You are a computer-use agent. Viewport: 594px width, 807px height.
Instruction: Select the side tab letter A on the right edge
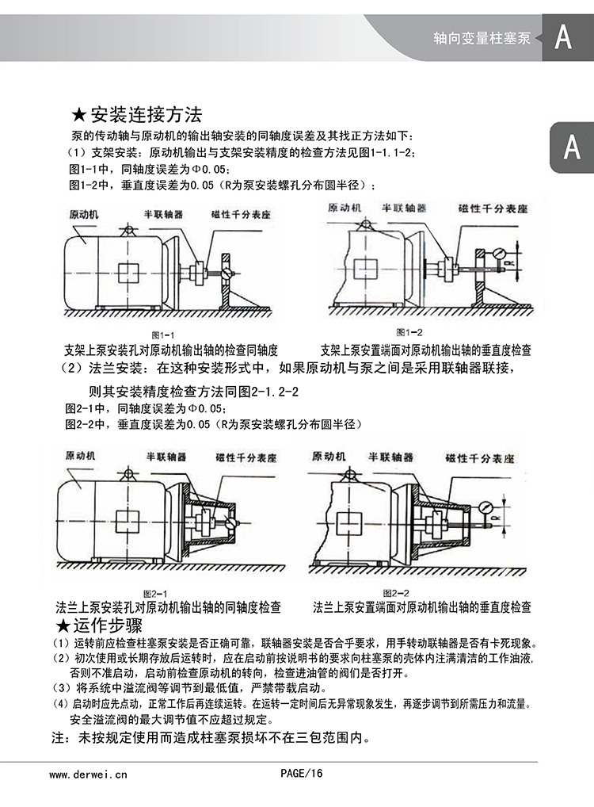[x=572, y=147]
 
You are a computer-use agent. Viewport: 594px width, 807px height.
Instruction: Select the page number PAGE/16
[x=302, y=774]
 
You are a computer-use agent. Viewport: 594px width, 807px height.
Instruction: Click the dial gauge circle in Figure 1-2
[x=500, y=254]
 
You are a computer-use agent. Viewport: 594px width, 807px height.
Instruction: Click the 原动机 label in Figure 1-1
[x=84, y=215]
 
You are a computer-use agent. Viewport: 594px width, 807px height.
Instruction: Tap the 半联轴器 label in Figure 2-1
[x=166, y=457]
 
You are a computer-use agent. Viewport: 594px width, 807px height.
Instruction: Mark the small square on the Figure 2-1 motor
[x=127, y=521]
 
